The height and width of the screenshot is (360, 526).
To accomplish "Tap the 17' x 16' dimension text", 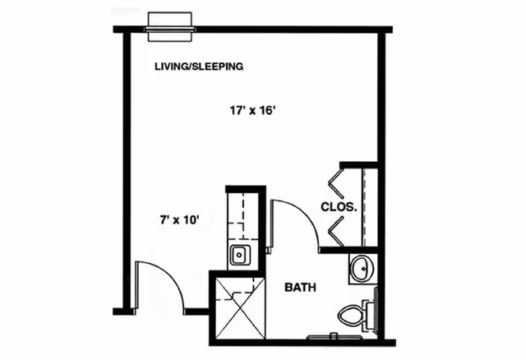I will [x=257, y=109].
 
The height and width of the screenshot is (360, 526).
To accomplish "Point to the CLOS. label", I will [x=339, y=208].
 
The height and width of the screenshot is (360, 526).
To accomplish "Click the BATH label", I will [x=302, y=288].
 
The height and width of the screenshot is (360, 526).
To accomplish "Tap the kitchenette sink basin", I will [x=239, y=255].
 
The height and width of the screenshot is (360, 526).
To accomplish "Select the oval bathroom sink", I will [x=361, y=269].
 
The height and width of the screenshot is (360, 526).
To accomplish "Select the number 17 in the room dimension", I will [x=238, y=109].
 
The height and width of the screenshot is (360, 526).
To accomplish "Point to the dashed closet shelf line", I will [x=362, y=205].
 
